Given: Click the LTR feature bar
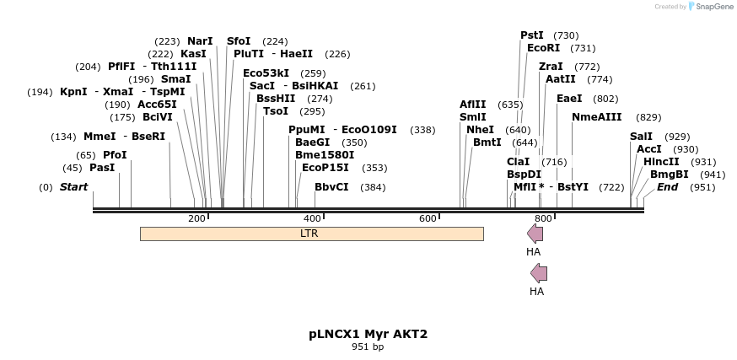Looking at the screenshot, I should (x=311, y=234).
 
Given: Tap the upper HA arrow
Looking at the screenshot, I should (x=535, y=234).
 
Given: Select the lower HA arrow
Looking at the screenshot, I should (x=538, y=272).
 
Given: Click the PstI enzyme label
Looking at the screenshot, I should (x=532, y=35).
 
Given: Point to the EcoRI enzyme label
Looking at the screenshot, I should (x=543, y=48).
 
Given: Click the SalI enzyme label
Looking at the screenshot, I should (x=641, y=137).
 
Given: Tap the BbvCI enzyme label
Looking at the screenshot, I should (x=331, y=187).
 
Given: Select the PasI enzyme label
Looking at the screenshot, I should (x=101, y=168).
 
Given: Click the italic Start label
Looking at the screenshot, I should (x=73, y=187).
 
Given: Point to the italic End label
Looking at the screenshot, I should (x=667, y=187).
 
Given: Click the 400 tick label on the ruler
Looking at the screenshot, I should (x=312, y=218).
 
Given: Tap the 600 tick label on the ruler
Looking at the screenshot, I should (x=428, y=218).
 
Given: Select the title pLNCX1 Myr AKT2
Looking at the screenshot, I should (x=368, y=334).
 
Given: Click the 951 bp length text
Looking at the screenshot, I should (x=368, y=347).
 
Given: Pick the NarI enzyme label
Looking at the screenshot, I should (x=200, y=40).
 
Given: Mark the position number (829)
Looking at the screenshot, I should (x=648, y=117).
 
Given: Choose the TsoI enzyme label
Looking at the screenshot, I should (x=275, y=111).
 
